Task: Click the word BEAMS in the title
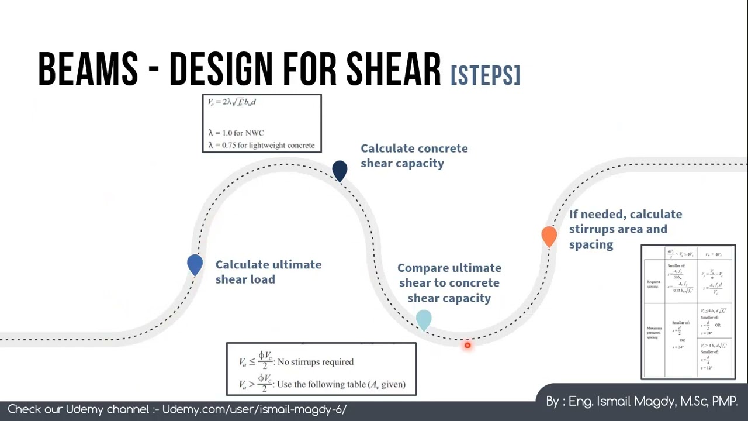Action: (88, 70)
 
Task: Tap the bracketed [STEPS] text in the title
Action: (485, 75)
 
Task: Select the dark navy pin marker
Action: (340, 170)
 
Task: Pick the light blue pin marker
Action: (424, 319)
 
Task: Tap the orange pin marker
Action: (549, 236)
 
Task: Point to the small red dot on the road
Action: (467, 346)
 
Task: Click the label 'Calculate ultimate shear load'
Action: (268, 272)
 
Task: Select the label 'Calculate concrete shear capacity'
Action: (414, 156)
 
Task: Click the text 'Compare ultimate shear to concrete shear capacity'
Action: (449, 283)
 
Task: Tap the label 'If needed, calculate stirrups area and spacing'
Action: (625, 229)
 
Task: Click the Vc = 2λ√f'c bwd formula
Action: (232, 102)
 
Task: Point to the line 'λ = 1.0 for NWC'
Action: (236, 133)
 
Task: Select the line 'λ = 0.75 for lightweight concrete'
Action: (261, 145)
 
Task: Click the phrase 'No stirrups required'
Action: (316, 362)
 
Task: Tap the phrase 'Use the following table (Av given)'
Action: (341, 384)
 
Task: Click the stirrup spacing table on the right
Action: (688, 312)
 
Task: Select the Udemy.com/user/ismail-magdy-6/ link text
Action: (254, 409)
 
